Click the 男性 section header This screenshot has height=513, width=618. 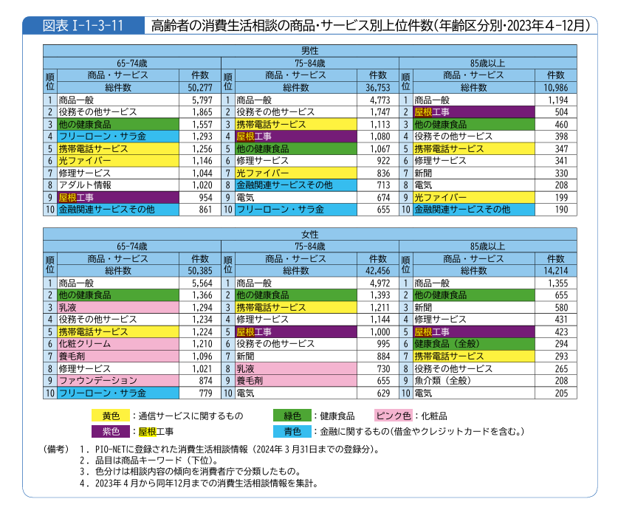(309, 50)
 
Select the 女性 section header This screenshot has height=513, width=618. (309, 234)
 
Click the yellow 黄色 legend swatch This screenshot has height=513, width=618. (110, 416)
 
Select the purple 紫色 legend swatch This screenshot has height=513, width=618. (110, 431)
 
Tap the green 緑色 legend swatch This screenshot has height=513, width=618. (292, 416)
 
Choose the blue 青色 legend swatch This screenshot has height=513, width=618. (292, 431)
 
